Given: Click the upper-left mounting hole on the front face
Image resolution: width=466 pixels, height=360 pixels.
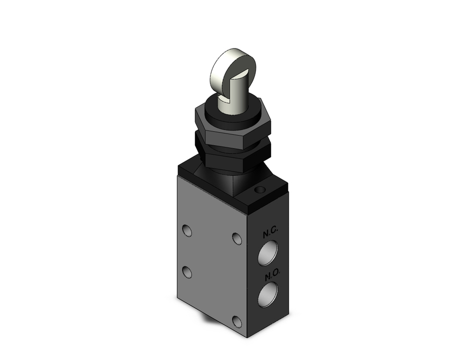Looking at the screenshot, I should pos(187,230).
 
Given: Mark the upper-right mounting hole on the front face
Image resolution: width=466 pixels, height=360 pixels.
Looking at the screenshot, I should pos(237,239).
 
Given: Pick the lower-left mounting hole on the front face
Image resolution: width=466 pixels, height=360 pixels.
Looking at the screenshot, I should pos(187,271).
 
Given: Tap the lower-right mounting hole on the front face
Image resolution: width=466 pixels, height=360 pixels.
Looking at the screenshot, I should pos(237,321).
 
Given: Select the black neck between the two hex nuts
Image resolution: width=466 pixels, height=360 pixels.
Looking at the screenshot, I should pos(233,140).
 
